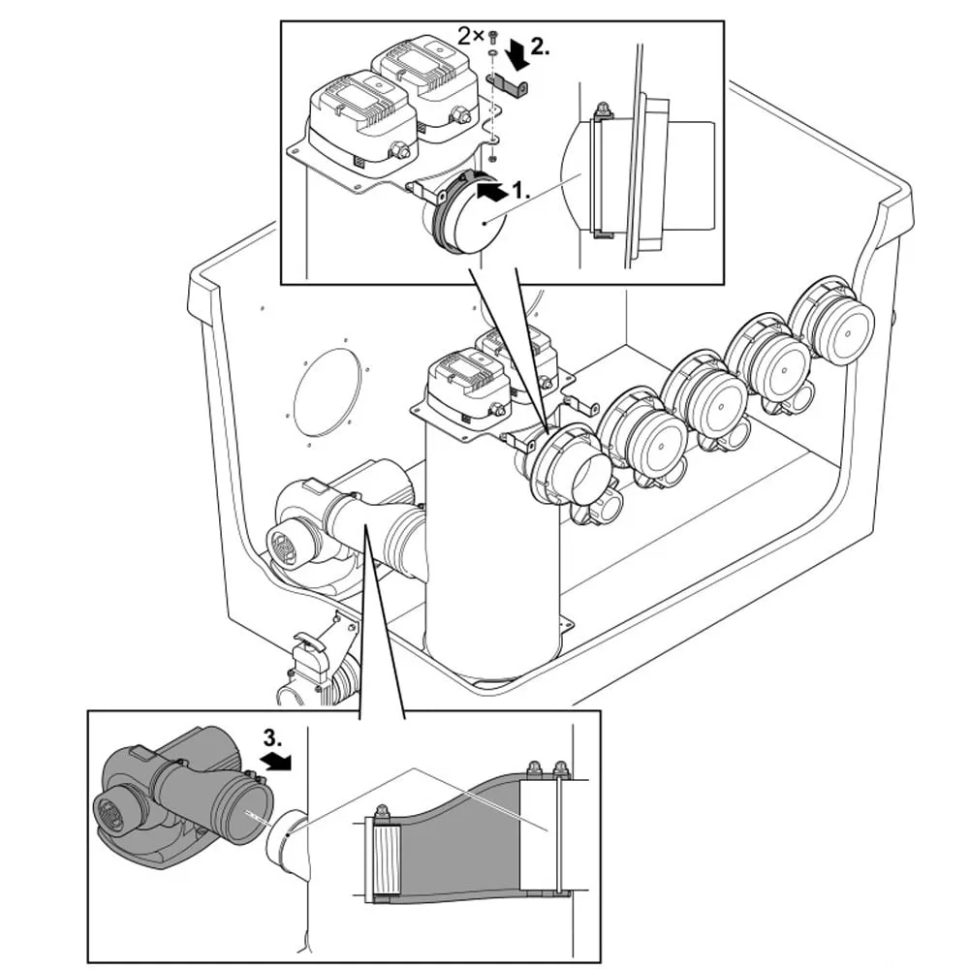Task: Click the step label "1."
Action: tap(521, 191)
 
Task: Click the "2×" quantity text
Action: tap(471, 36)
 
